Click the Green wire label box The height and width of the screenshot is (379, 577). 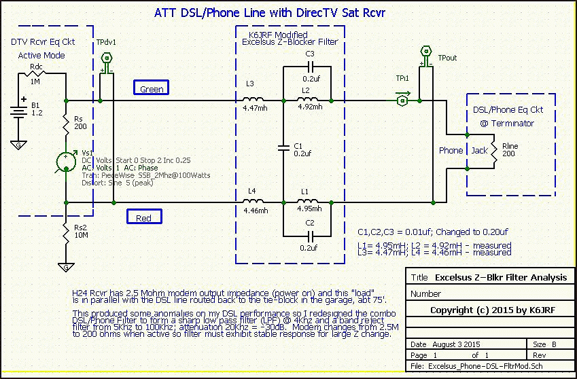coord(152,88)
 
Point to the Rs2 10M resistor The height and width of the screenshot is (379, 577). coord(66,235)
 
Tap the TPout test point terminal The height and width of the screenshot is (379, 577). coord(427,52)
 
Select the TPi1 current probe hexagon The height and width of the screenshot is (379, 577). coord(402,101)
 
